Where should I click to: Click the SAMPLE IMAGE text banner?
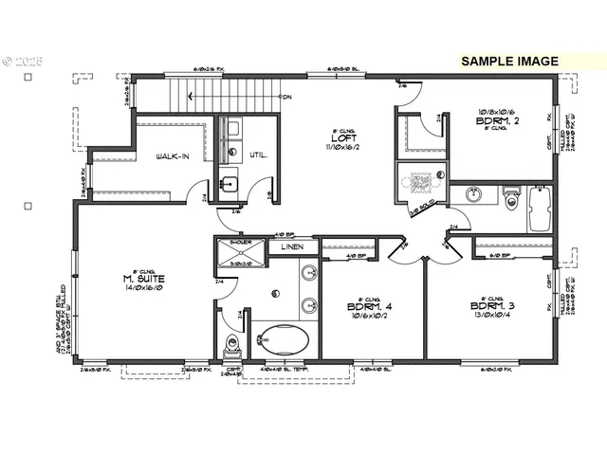(x=509, y=61)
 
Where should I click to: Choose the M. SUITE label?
(x=139, y=279)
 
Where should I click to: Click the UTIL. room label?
(x=258, y=155)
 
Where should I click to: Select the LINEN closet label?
(x=292, y=247)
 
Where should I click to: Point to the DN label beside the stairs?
(x=287, y=96)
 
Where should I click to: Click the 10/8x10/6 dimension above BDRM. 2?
(x=494, y=111)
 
